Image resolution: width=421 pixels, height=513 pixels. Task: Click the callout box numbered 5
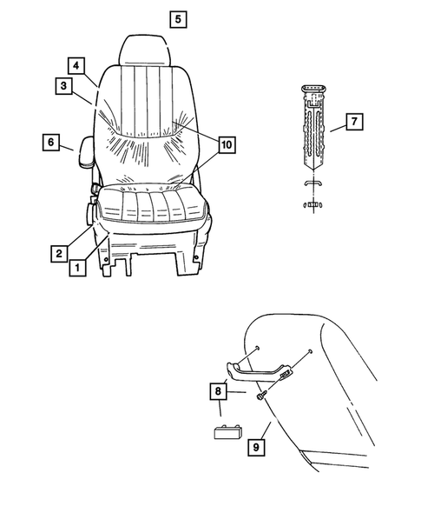click(177, 18)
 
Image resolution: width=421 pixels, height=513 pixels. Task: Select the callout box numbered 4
click(77, 66)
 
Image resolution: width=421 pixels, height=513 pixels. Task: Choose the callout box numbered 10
click(226, 144)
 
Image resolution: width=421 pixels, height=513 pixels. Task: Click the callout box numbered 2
click(58, 253)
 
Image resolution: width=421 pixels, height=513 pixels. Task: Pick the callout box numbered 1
click(77, 269)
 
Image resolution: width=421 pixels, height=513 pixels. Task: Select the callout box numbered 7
click(353, 122)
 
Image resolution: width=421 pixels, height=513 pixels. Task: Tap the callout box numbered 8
click(217, 392)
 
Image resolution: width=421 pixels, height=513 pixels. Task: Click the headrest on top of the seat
click(148, 49)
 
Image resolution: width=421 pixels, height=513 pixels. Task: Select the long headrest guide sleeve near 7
click(312, 130)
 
